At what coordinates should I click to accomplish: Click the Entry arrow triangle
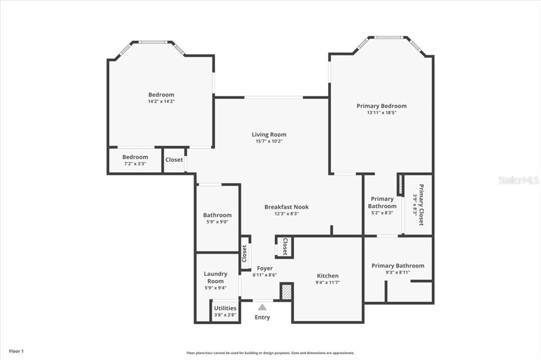point(262,307)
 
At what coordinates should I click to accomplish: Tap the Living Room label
point(269,135)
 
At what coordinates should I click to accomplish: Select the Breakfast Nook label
point(286,207)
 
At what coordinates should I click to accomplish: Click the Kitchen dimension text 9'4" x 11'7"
point(328,282)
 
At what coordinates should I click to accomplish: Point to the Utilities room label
point(225,308)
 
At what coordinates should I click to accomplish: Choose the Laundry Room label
point(216,277)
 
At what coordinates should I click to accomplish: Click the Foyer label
point(265,268)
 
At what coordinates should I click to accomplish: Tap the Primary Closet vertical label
point(421,205)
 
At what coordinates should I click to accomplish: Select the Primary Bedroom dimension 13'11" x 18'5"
point(381,112)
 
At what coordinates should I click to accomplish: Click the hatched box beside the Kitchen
point(287,292)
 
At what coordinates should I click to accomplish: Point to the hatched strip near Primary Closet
point(400,185)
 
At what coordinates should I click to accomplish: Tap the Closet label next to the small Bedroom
point(174,159)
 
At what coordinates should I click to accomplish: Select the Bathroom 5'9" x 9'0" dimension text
point(217,222)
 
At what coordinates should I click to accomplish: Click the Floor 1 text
point(16,352)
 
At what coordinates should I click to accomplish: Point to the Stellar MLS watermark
point(519,180)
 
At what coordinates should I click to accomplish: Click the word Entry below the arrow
point(262,317)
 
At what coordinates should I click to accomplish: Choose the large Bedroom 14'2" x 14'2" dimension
point(162,101)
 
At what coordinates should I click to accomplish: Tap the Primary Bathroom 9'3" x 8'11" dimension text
point(398,272)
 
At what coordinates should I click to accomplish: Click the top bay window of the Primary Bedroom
point(389,37)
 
